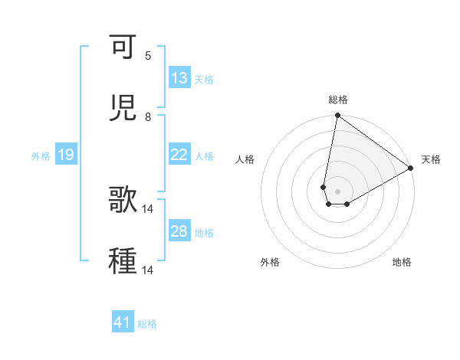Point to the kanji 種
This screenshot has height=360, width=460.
click(123, 260)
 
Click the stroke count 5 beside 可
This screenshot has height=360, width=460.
click(148, 56)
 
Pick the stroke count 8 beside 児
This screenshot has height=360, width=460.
click(148, 116)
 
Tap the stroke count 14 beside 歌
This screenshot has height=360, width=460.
click(148, 208)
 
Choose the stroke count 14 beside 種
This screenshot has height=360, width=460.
click(148, 269)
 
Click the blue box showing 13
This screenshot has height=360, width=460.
click(179, 78)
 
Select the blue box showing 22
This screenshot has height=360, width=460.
click(179, 155)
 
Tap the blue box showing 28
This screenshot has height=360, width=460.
click(179, 231)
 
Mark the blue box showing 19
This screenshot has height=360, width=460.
click(65, 155)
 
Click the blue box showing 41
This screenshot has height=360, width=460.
click(123, 323)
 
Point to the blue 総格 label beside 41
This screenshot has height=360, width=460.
click(147, 324)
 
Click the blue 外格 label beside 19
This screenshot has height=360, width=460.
click(41, 156)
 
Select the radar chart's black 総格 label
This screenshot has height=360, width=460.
click(338, 100)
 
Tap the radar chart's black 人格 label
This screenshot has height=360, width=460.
click(245, 159)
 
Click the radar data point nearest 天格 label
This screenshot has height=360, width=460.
click(411, 169)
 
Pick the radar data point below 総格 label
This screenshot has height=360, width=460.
click(337, 116)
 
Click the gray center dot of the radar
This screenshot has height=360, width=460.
click(337, 191)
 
